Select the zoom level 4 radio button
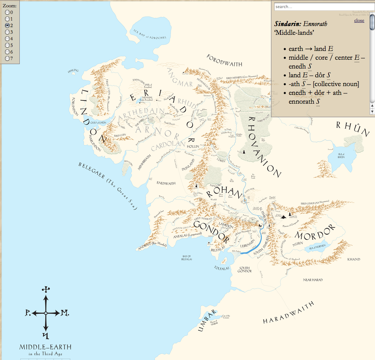click(x=7, y=38)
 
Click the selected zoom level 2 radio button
click(x=7, y=25)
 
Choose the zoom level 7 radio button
click(x=7, y=58)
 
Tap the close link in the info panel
click(x=359, y=21)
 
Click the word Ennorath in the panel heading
click(x=315, y=24)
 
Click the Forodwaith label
click(x=224, y=60)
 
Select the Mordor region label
click(x=315, y=231)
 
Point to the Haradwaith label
click(x=289, y=313)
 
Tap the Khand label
click(x=353, y=259)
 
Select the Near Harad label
click(x=312, y=280)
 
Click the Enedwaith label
click(x=166, y=182)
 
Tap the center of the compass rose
click(x=45, y=313)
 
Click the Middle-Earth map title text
click(x=45, y=347)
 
